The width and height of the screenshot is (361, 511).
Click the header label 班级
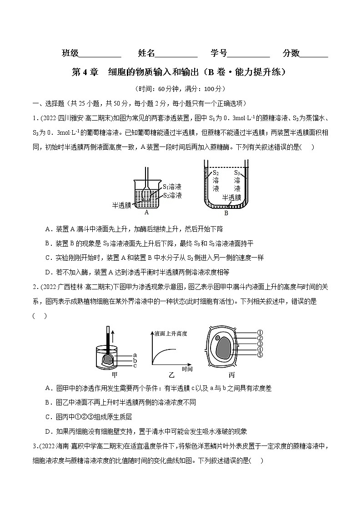point(70,54)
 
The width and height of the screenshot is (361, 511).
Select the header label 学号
point(219,54)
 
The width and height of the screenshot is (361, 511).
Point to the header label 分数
point(291,54)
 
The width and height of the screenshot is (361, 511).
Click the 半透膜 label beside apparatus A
point(121,205)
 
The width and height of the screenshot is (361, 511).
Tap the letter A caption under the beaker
point(146,212)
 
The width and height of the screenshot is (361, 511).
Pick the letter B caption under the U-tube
point(226,212)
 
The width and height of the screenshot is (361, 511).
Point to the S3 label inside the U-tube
point(237,173)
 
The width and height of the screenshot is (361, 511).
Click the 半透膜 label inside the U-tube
point(231,198)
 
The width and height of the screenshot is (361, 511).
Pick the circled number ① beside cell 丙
point(261,333)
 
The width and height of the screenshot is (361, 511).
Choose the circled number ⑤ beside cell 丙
point(261,355)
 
